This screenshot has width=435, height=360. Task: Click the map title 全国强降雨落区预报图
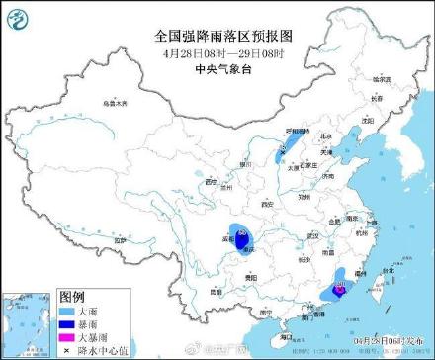(x=217, y=35)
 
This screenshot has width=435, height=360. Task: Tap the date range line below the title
(x=217, y=53)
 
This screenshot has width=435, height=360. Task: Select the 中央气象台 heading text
(x=217, y=70)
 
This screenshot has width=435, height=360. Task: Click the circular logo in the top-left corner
(x=19, y=17)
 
